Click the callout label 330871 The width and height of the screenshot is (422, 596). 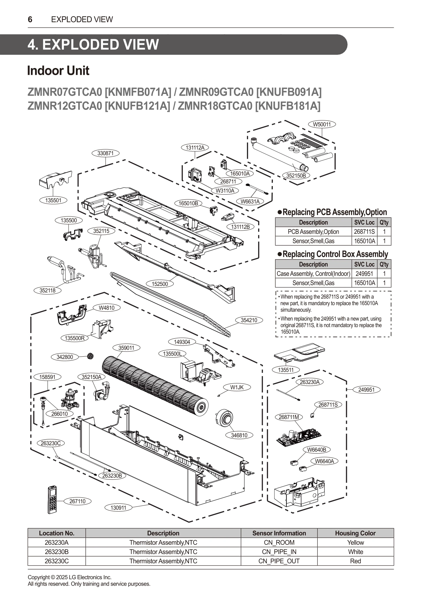tap(105, 153)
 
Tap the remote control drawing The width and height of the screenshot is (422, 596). tap(53, 500)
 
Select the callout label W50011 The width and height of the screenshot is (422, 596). tap(322, 124)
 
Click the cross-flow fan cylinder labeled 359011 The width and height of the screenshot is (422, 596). tap(153, 383)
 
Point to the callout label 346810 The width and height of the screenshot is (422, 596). tap(239, 435)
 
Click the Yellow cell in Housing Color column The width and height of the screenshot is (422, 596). tap(355, 542)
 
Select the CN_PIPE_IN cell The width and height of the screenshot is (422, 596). tap(279, 552)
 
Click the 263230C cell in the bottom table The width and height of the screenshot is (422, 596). tap(57, 561)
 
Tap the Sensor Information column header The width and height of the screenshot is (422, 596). tap(279, 533)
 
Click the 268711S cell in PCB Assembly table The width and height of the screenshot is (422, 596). tap(364, 232)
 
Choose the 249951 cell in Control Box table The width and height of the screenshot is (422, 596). tap(364, 274)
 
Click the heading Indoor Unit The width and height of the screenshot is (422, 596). tap(58, 71)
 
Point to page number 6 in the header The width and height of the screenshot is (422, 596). tap(30, 19)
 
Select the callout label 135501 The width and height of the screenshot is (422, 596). tap(53, 201)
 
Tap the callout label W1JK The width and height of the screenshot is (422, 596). tap(237, 387)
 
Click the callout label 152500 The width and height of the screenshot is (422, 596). tap(160, 284)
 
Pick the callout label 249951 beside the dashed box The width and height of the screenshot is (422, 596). tap(366, 390)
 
